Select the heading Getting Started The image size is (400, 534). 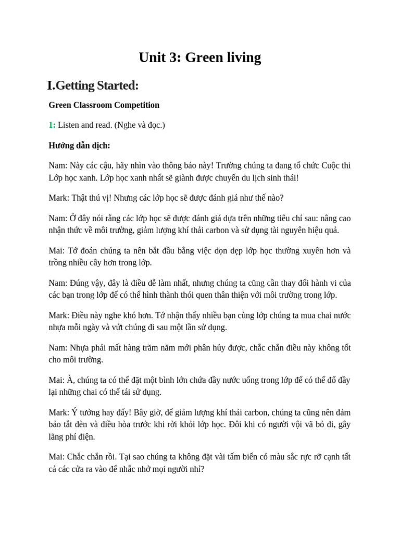coord(97,85)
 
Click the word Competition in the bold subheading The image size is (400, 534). coord(137,105)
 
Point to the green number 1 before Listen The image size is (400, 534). coord(52,125)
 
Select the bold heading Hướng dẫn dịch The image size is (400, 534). coord(79,145)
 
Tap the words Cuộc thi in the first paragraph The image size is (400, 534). coord(336,165)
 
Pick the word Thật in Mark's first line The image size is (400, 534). coord(80,198)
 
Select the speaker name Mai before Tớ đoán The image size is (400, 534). coord(57,250)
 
